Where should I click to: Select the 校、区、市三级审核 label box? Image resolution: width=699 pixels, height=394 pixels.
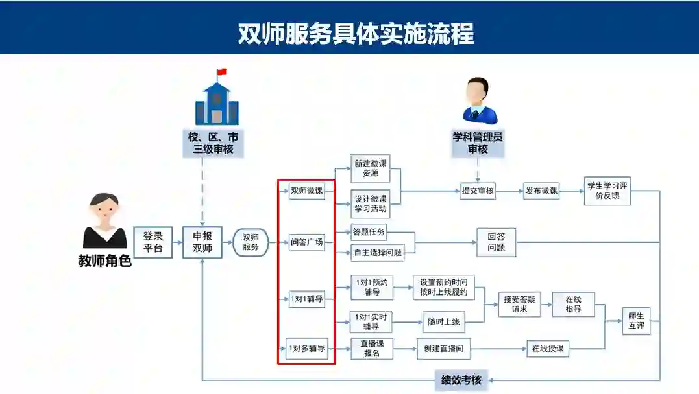point(214,144)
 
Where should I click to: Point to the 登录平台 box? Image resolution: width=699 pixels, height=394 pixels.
point(153,242)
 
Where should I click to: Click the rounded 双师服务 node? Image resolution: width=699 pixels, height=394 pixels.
point(251,242)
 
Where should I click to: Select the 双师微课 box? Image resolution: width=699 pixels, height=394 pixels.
point(306,191)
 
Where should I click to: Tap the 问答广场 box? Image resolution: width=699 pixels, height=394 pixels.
point(306,243)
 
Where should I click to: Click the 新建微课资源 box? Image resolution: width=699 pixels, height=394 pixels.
point(371,170)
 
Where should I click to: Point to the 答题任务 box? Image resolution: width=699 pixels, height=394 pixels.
point(368,231)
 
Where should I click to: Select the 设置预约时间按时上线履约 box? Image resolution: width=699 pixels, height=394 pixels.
point(443,287)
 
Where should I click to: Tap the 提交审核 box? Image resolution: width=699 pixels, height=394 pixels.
point(477,191)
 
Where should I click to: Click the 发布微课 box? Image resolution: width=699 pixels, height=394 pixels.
point(541,191)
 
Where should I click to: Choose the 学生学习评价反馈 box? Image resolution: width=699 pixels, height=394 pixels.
point(607,191)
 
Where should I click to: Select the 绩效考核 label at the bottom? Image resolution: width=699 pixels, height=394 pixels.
point(461,380)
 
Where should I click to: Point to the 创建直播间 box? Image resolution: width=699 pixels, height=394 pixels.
point(443,349)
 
